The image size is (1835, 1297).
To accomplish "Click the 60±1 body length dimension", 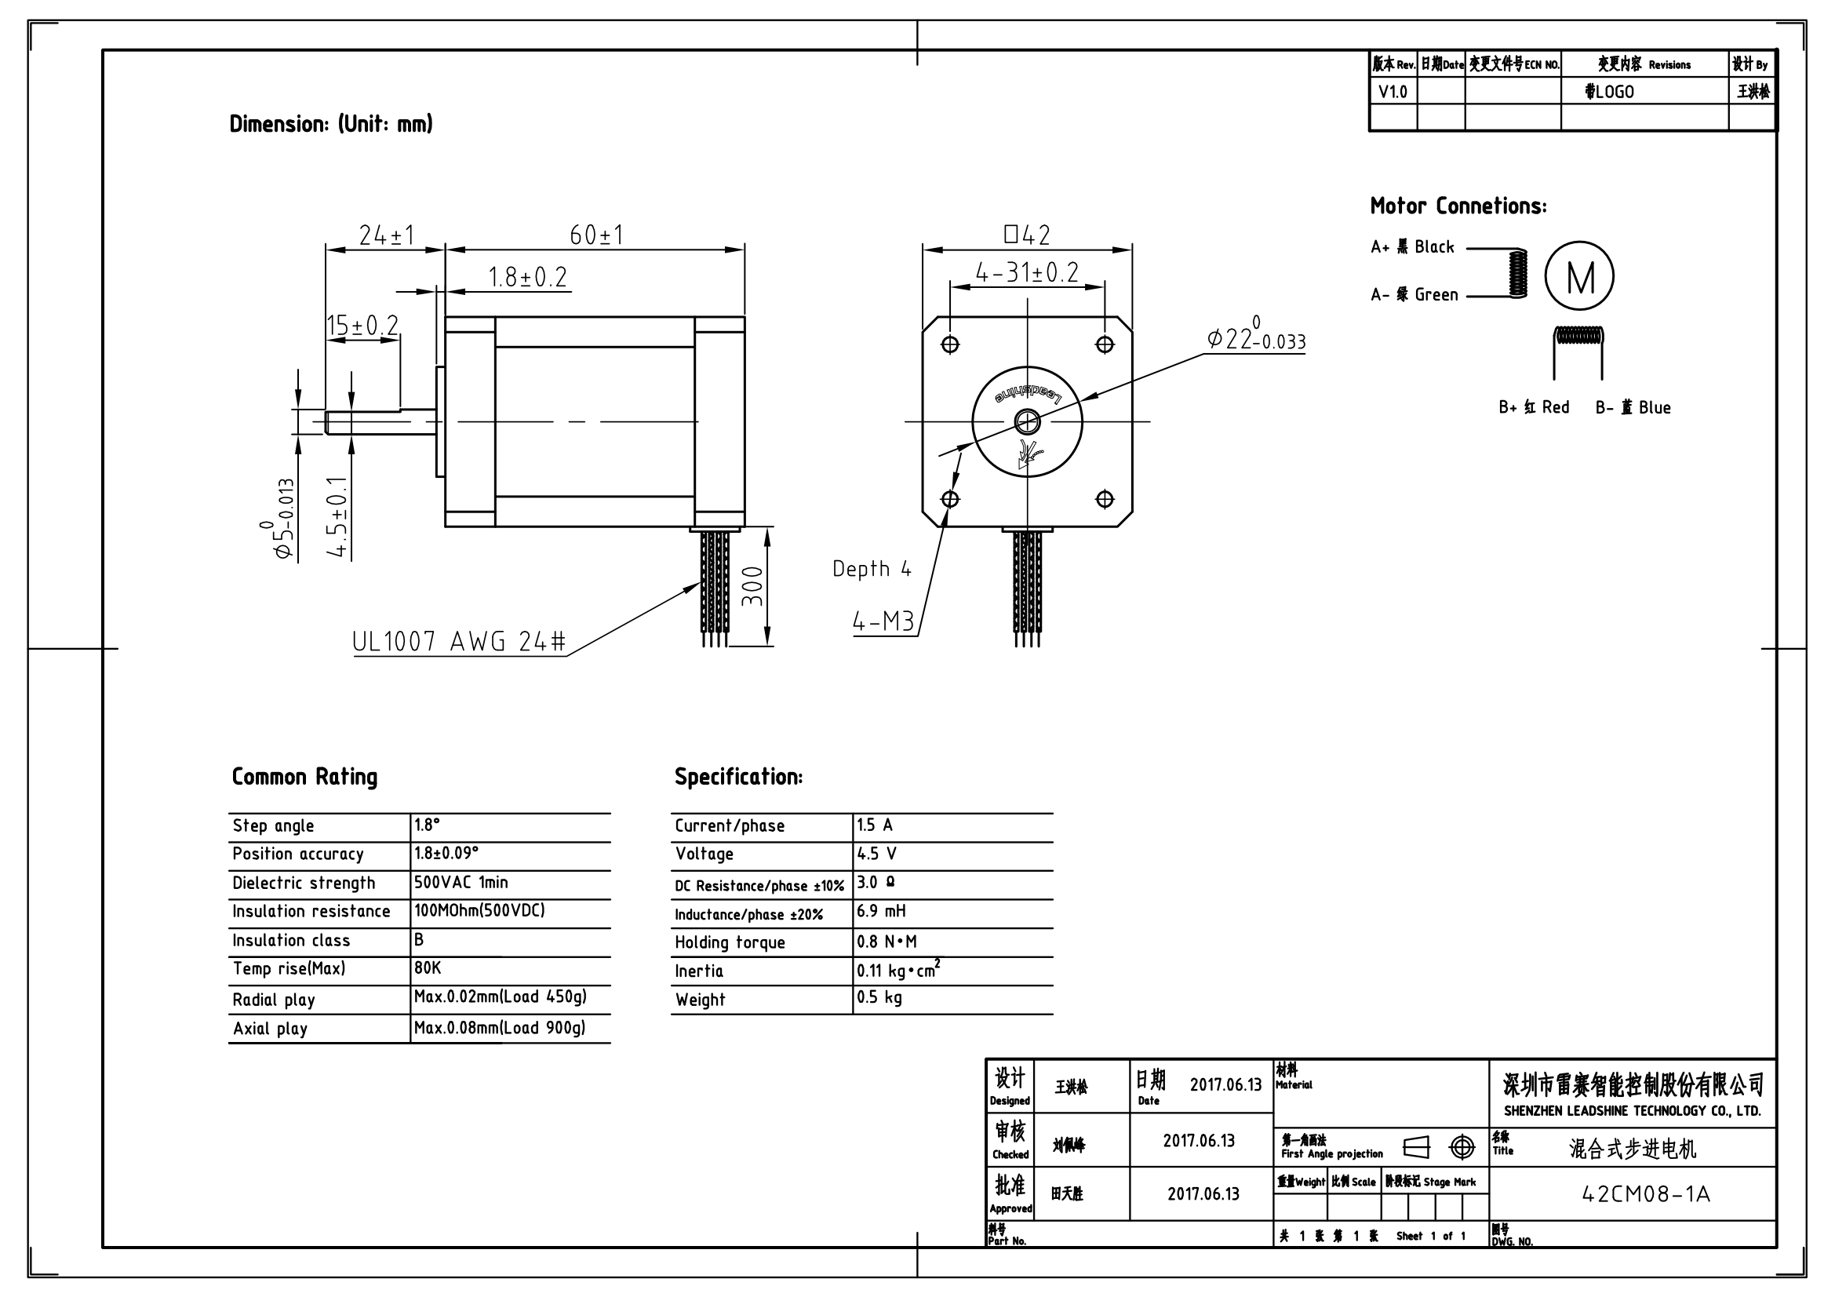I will click(x=596, y=235).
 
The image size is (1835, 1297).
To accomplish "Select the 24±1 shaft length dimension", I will click(x=386, y=235).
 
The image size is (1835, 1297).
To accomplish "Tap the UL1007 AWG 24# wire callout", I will click(x=459, y=641).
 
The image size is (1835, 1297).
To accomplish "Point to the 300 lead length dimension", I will click(x=753, y=586).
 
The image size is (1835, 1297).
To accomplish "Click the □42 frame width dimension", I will click(x=1027, y=235).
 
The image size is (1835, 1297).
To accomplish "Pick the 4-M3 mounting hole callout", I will click(x=883, y=621).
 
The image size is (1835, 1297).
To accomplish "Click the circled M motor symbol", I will click(x=1579, y=276).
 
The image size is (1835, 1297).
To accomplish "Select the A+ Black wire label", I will click(x=1412, y=247).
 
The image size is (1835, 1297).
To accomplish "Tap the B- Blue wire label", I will click(x=1633, y=407).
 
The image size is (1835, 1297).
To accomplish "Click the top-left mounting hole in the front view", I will click(x=950, y=344).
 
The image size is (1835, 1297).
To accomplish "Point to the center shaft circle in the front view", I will click(x=1027, y=421).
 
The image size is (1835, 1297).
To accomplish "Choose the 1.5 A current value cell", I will click(x=876, y=825).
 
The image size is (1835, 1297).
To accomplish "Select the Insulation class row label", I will click(x=291, y=941).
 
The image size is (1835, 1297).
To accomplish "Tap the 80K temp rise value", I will click(x=428, y=968).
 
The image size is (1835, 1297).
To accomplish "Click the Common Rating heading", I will click(x=304, y=777).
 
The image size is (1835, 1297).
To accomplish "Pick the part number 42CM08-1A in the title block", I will click(x=1646, y=1194).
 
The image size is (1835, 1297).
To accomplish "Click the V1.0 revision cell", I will click(x=1393, y=92).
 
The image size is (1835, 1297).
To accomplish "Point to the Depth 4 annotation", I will click(x=871, y=569).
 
